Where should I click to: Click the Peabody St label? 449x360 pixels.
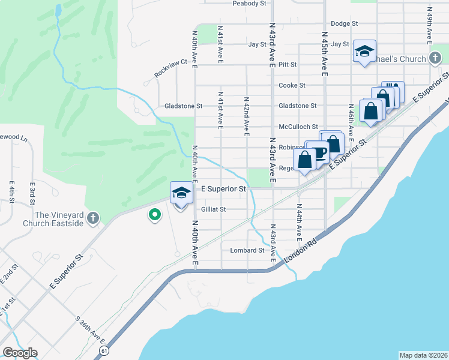coord(249,4)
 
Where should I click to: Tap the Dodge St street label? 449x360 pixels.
coord(344,23)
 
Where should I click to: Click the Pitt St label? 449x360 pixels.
coord(288,64)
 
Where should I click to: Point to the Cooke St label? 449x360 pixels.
coord(292,85)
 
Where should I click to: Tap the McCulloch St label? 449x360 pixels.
coord(298,127)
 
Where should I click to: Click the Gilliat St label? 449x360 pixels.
coord(213,209)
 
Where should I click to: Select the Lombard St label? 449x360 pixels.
coord(247,250)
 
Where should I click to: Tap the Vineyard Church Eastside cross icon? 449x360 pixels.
coord(92,218)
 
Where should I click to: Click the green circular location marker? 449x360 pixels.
coord(154,214)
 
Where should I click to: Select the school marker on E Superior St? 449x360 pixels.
coord(181,193)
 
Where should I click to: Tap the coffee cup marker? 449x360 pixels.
coord(319,152)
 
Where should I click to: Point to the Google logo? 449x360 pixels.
coord(20,353)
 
